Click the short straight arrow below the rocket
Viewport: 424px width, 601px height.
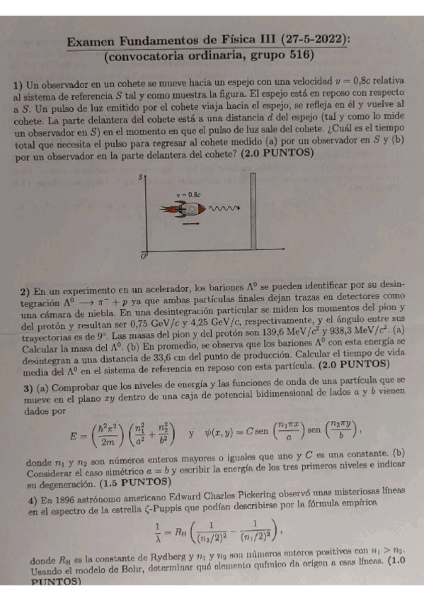point(189,223)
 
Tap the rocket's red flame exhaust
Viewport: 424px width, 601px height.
point(168,210)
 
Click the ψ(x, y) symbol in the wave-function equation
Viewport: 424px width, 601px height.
point(224,429)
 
